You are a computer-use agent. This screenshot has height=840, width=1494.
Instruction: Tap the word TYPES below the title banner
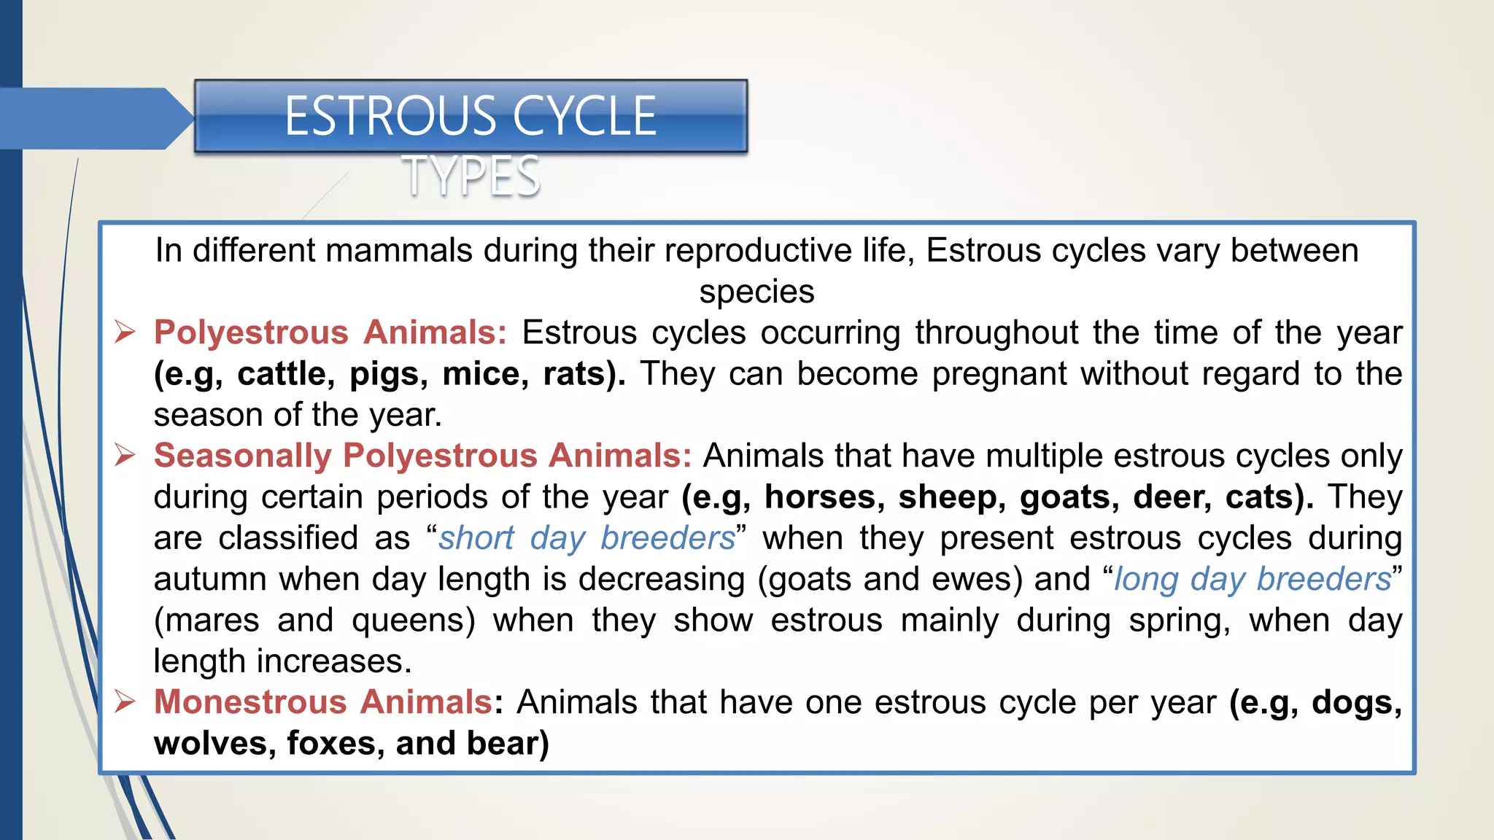pos(471,176)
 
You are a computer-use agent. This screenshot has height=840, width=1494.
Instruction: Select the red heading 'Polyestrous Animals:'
pos(330,332)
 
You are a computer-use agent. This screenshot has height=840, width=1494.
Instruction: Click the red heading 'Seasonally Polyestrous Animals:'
pos(422,456)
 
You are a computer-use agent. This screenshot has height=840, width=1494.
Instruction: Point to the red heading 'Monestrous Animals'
pos(323,702)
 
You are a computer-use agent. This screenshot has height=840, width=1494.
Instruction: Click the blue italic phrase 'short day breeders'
pos(587,538)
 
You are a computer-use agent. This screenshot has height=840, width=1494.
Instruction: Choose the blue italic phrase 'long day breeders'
pos(1252,579)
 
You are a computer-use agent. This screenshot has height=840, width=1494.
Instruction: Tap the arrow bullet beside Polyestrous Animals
pos(125,332)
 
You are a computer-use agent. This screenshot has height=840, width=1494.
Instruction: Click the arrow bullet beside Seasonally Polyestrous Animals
pos(125,456)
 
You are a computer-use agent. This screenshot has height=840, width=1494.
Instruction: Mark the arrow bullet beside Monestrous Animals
pos(125,702)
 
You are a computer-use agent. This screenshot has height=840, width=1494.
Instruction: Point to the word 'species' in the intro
pos(756,292)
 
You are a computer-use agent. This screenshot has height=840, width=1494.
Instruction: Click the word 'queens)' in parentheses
pos(413,621)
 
